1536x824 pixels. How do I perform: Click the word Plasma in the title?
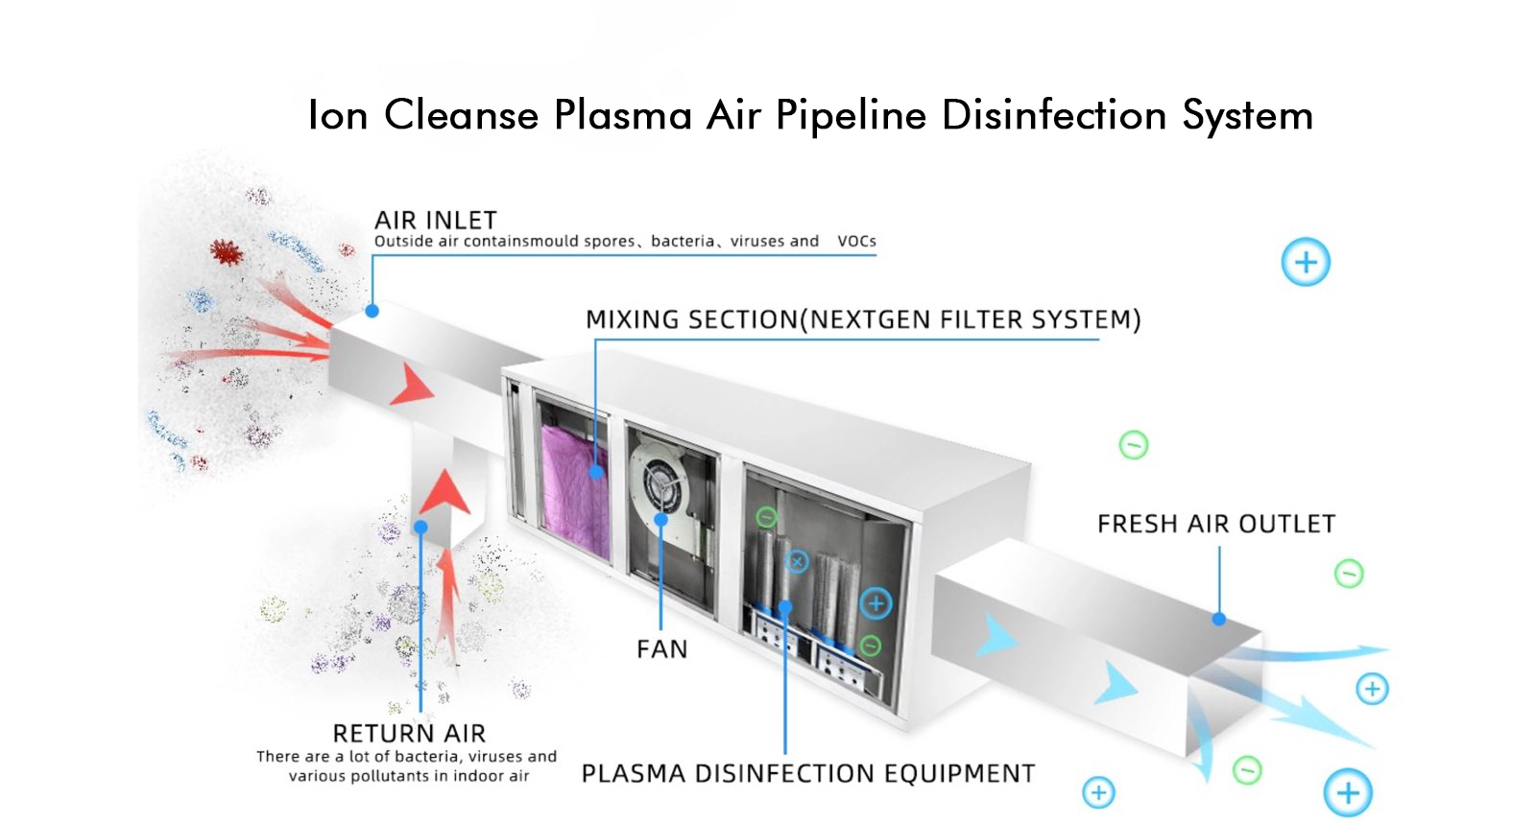[x=622, y=115]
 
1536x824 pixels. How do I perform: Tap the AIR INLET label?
[x=435, y=221]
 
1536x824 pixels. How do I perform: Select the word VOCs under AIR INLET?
[x=856, y=241]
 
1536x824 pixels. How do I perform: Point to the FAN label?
[x=661, y=649]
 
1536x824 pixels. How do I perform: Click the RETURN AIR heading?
[x=409, y=733]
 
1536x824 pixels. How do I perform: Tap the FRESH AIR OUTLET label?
[x=1215, y=524]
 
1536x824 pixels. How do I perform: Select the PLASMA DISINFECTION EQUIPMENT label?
[x=807, y=774]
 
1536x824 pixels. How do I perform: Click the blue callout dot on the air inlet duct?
[x=372, y=311]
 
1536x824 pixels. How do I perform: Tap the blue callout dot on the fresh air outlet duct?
[x=1219, y=620]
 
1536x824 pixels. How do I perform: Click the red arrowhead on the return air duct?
[x=444, y=491]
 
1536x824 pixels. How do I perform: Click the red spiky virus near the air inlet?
[x=227, y=252]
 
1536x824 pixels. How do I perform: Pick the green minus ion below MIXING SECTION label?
[x=1134, y=445]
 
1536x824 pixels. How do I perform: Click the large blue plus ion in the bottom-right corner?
[x=1348, y=792]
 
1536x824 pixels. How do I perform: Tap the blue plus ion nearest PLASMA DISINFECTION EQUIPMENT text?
[x=1098, y=792]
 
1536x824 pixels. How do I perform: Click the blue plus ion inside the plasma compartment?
[x=875, y=603]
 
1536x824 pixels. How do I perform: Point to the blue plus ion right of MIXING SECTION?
[x=1306, y=262]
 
